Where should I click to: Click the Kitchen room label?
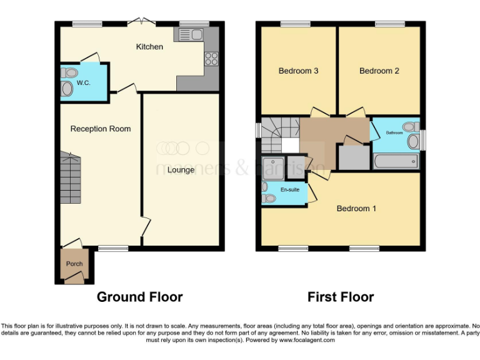149,47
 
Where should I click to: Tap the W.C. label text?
84,82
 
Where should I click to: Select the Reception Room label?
101,129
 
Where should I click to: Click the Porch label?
74,264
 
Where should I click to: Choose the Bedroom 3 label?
298,71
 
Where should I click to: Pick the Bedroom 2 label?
379,71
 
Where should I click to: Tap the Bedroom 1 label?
356,208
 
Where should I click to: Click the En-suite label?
289,188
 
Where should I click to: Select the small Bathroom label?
394,132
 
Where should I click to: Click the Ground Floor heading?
139,297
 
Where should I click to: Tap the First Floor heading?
341,297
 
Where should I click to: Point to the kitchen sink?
191,34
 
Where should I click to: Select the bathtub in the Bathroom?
396,161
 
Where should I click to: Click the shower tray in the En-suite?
273,167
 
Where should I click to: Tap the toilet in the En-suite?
269,199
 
